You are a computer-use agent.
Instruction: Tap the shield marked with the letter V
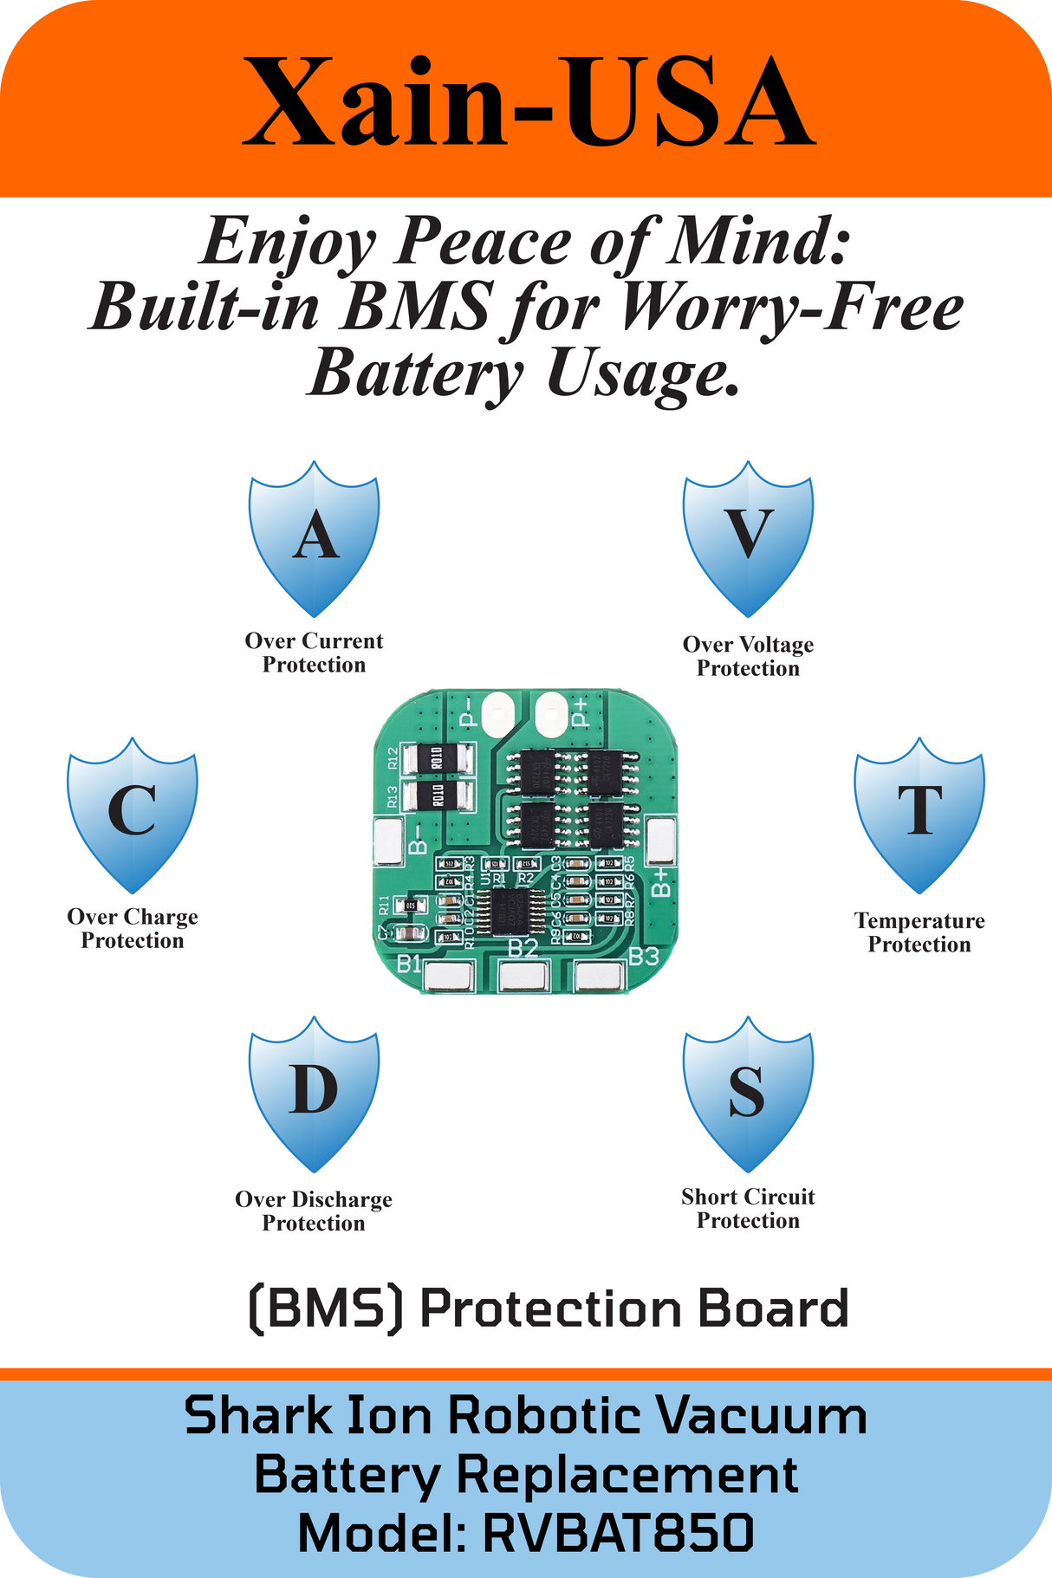click(x=748, y=537)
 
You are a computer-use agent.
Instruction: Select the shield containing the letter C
click(x=133, y=815)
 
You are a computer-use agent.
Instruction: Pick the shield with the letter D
click(x=314, y=1092)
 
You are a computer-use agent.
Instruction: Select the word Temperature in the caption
click(x=919, y=921)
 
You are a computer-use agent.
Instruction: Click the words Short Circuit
click(x=748, y=1198)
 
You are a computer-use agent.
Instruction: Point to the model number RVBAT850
click(x=618, y=1533)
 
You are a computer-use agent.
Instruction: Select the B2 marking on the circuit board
click(x=523, y=948)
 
